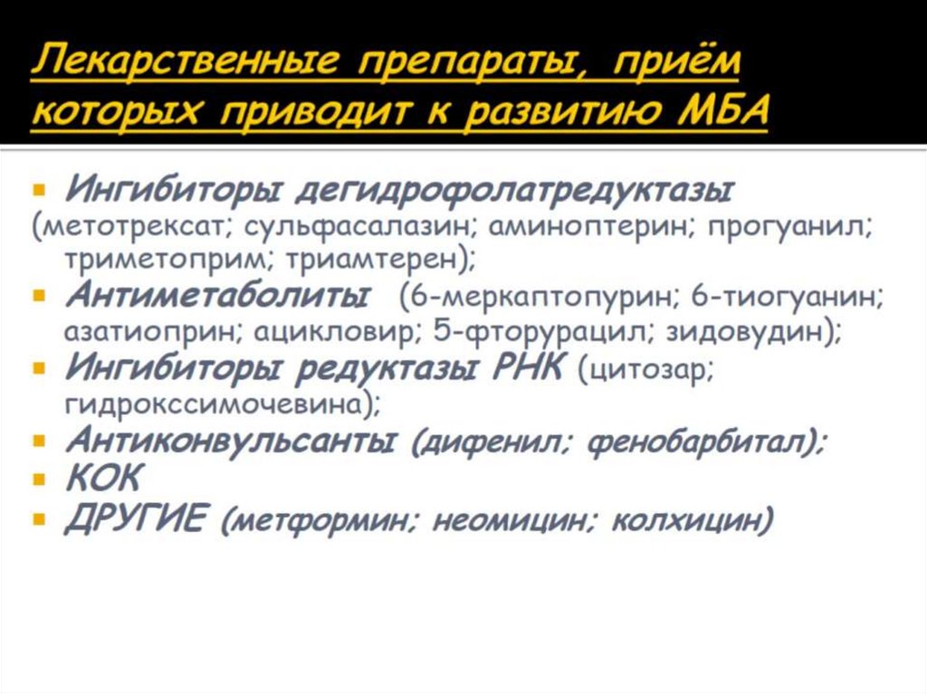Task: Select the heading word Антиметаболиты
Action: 217,297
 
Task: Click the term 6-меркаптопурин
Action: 540,297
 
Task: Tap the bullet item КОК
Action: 103,480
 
